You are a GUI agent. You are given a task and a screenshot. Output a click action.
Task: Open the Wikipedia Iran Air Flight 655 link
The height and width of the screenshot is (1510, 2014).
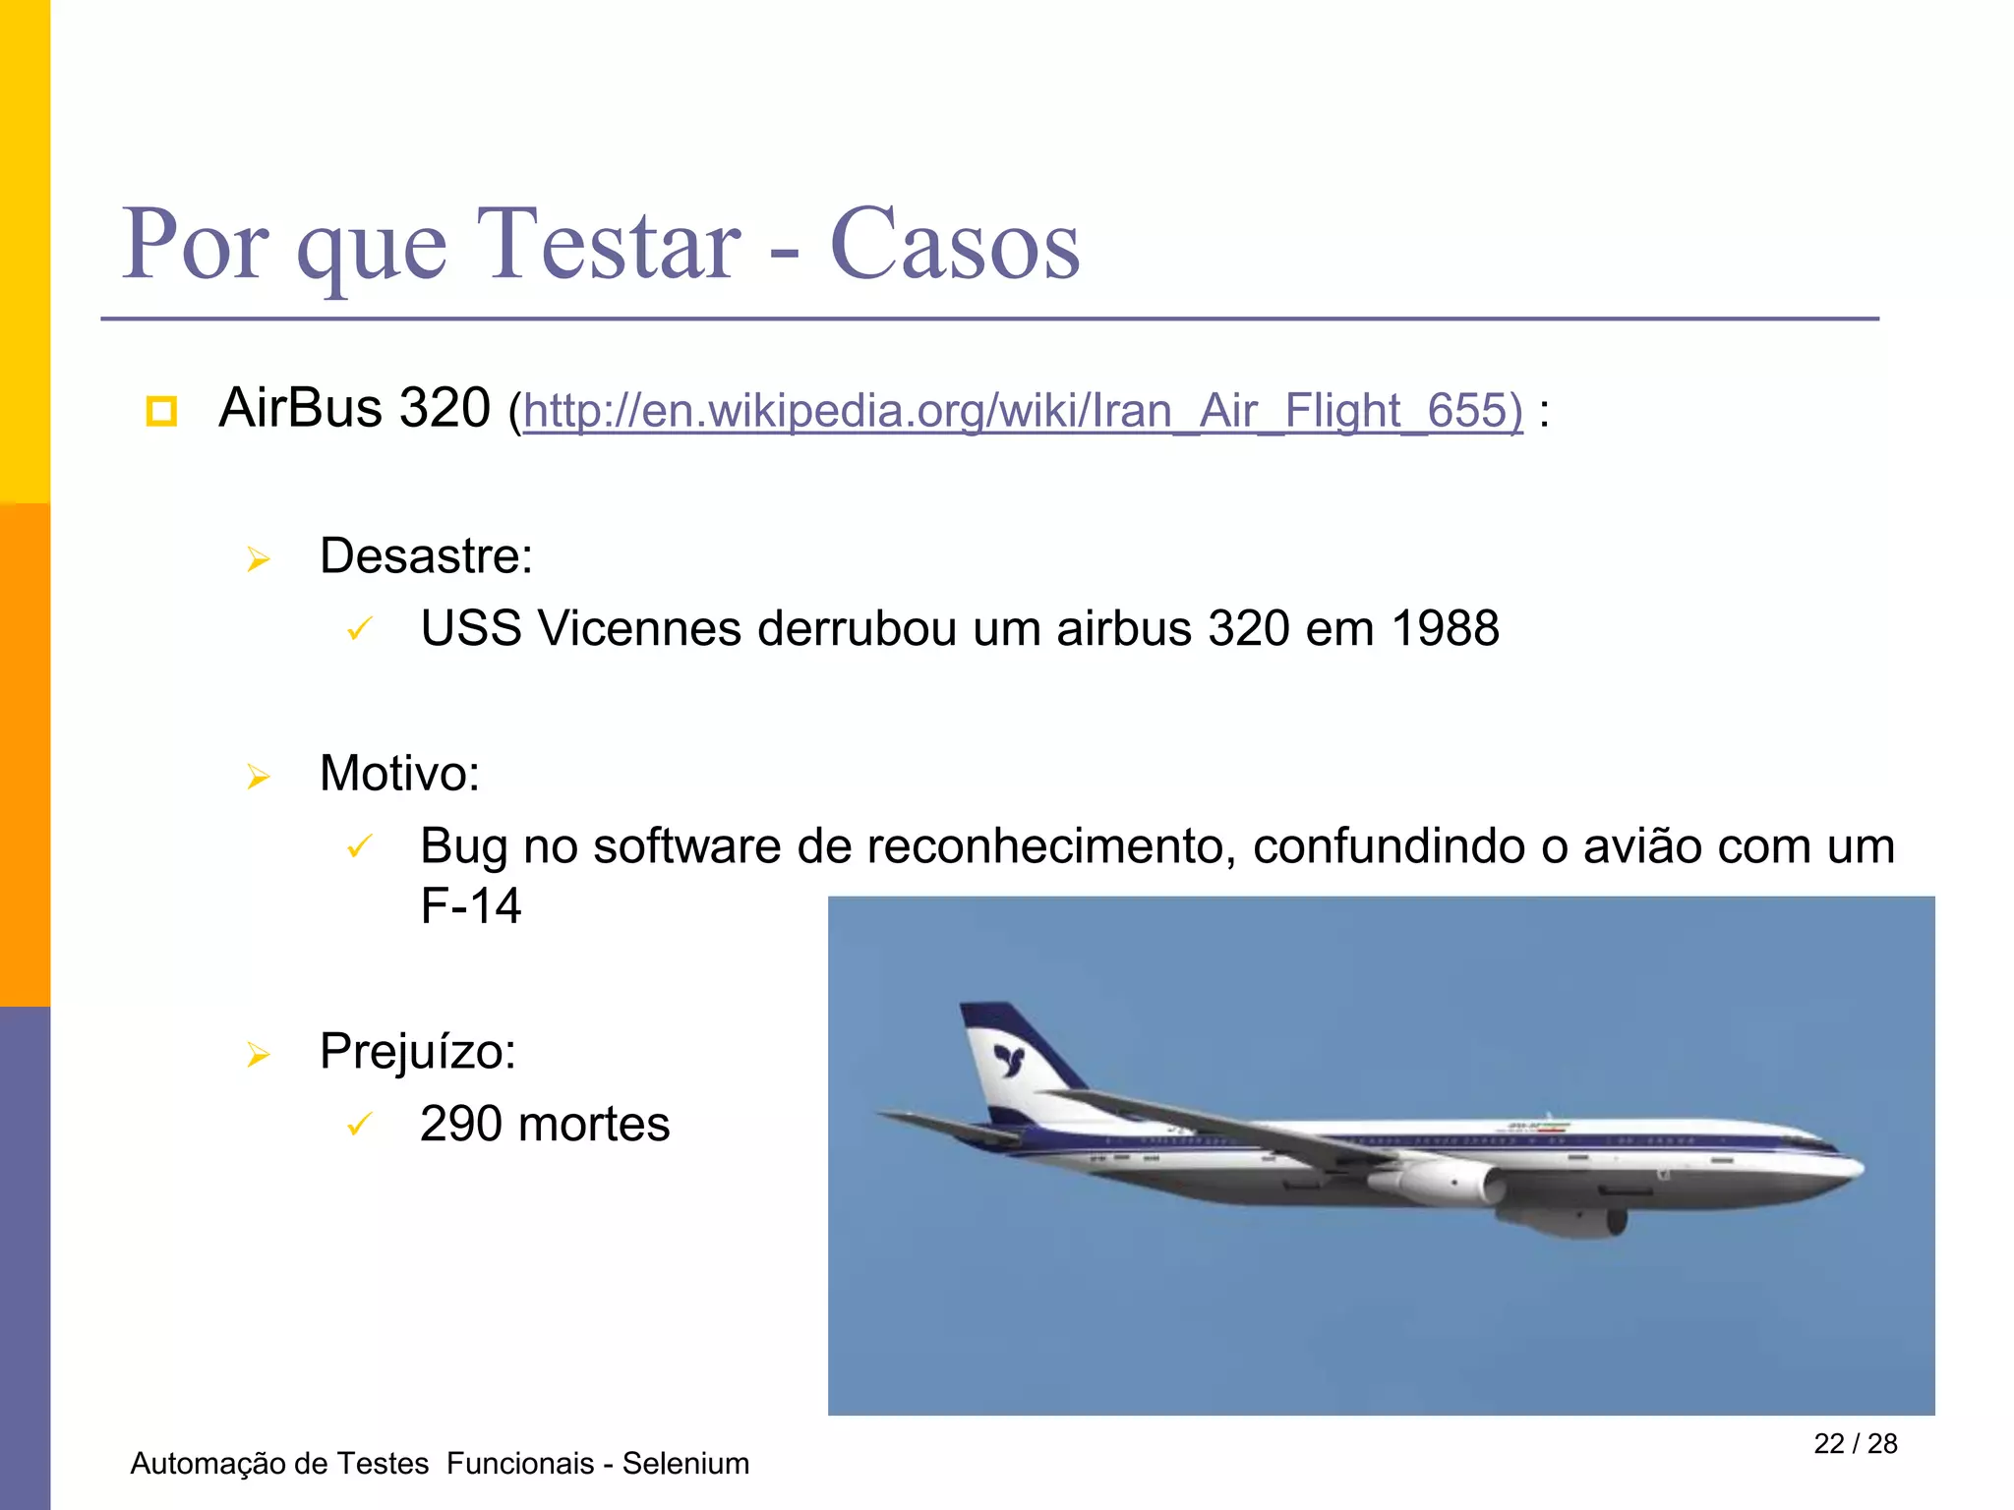[1023, 410]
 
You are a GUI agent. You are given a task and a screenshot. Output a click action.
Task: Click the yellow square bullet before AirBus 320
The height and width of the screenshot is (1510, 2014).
[161, 411]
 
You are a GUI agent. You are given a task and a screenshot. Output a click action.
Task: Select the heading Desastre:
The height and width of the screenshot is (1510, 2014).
[426, 556]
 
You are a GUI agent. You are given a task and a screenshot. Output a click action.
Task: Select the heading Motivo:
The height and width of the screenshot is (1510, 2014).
[399, 774]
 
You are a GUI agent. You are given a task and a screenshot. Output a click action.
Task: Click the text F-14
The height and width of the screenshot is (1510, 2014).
[470, 905]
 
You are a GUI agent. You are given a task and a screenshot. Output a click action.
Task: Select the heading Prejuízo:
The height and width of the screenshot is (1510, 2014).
[418, 1052]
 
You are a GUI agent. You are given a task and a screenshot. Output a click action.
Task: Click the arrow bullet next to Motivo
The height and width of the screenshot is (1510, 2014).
[259, 777]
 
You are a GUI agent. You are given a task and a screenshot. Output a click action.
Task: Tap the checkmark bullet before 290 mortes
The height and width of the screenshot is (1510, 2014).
[360, 1124]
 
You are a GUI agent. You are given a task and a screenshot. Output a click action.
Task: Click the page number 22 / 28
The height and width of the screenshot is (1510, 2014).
[1855, 1443]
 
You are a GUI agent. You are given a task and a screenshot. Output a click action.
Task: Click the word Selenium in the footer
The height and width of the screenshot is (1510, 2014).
[685, 1464]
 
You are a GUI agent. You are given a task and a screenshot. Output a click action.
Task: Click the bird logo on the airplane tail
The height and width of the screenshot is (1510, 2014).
[1009, 1060]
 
